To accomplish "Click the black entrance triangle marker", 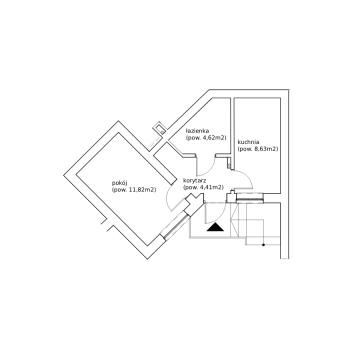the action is pos(215,227).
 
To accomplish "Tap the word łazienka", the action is pos(197,131).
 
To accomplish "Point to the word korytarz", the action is pos(195,181).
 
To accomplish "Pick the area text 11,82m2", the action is pos(142,190).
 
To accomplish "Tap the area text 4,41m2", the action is pos(211,187).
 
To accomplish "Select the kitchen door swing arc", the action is pos(247,178).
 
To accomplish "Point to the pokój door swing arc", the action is pos(167,198).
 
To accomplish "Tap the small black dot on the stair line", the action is pos(263,245).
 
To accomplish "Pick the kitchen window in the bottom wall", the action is pos(250,199).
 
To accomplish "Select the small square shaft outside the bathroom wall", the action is pos(159,128).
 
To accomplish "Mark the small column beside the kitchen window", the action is pos(231,197).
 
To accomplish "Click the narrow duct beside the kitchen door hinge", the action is pos(229,163).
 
